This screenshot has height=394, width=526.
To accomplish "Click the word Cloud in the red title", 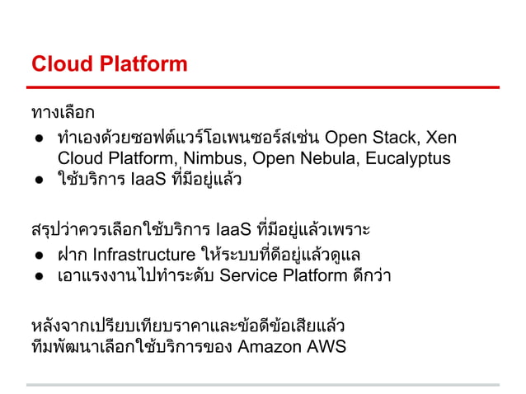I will (x=56, y=63).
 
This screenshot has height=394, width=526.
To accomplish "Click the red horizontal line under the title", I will (x=264, y=87).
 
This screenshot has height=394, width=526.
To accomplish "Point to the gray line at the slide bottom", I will (x=264, y=384).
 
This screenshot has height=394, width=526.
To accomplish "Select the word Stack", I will (x=395, y=136).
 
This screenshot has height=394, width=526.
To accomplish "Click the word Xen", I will (x=442, y=136).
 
